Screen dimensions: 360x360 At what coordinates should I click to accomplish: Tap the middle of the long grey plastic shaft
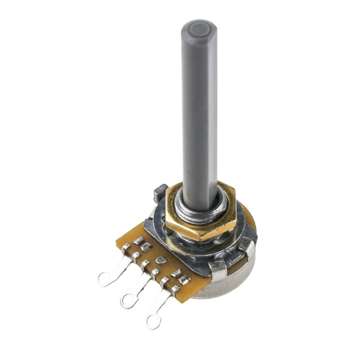point(199,112)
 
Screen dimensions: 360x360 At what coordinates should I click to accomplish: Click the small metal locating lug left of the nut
point(161,193)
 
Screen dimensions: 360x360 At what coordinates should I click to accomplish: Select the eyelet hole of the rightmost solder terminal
point(153,320)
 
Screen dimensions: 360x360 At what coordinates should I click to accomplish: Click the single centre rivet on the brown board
point(160,260)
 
